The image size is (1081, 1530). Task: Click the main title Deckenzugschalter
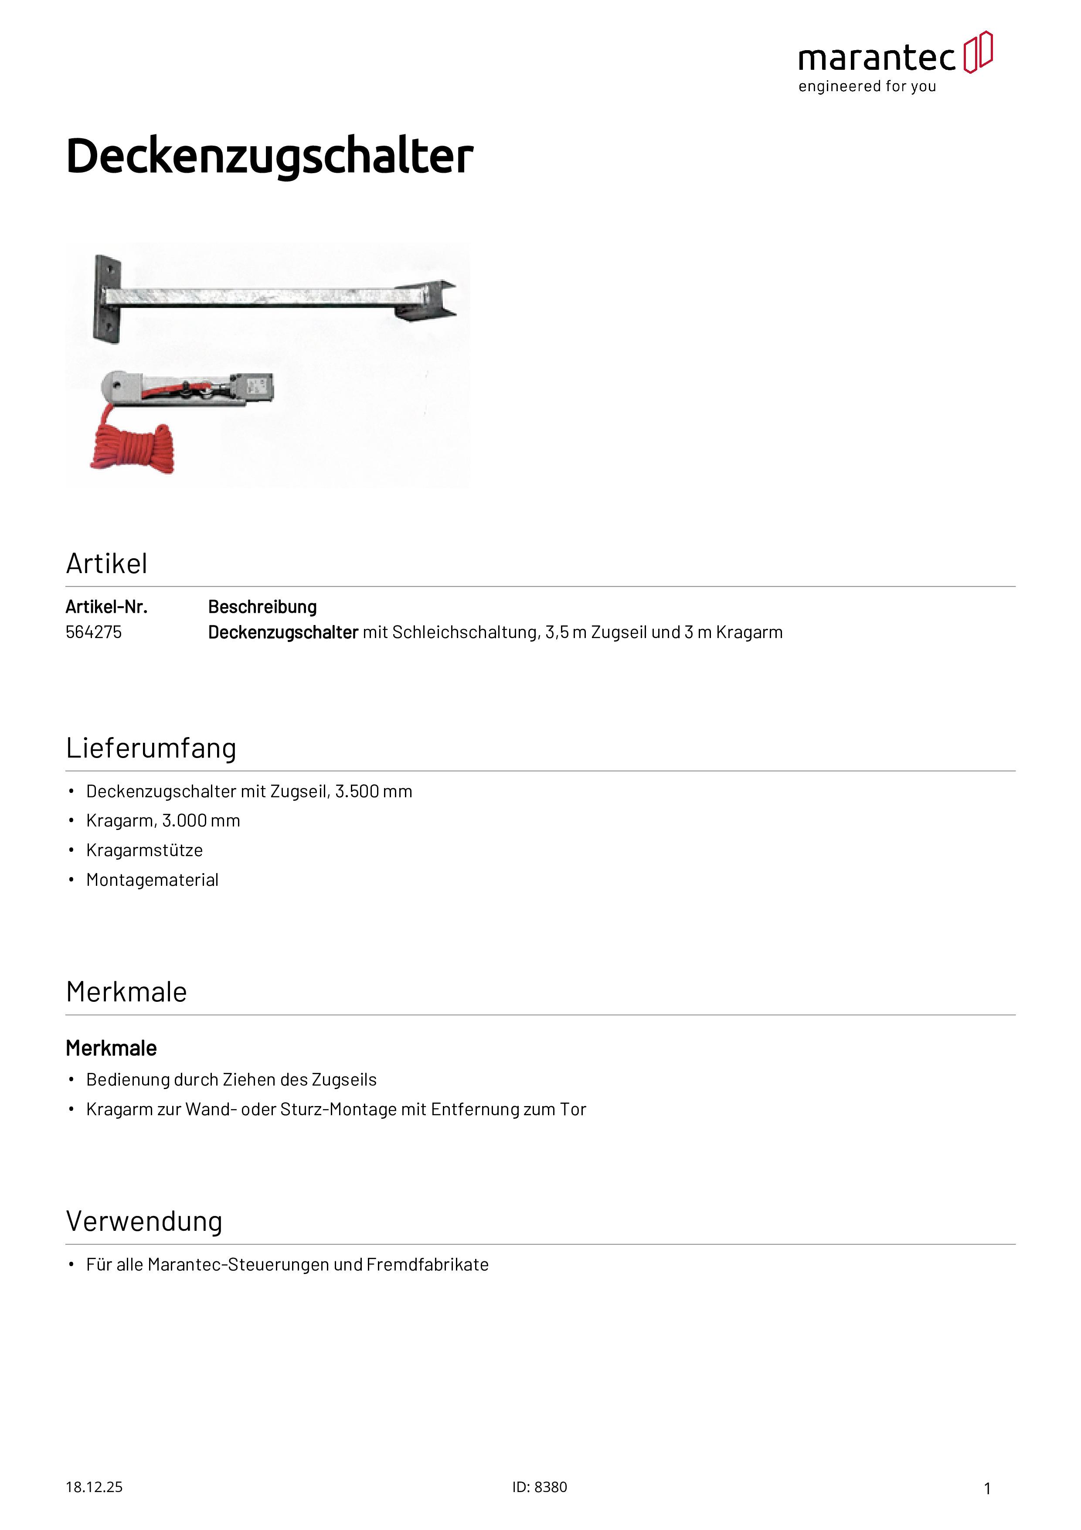point(270,156)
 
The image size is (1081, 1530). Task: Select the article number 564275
point(94,632)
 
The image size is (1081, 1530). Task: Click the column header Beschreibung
point(262,607)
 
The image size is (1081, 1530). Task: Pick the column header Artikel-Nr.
point(106,607)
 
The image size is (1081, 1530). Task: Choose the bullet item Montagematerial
point(153,880)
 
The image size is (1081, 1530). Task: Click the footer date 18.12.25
point(94,1487)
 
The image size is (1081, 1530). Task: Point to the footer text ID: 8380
point(540,1487)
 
